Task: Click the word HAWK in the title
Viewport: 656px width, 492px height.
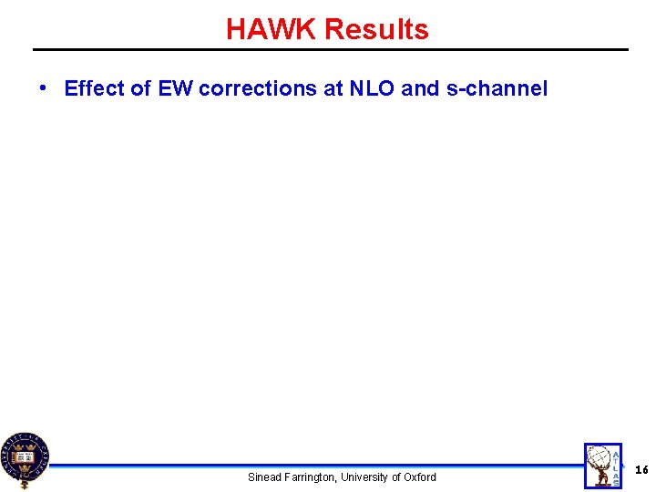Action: [x=272, y=30]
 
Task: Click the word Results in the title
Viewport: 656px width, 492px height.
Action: [x=376, y=30]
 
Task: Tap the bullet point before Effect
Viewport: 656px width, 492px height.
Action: [x=43, y=87]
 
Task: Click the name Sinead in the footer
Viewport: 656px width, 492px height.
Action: [x=265, y=477]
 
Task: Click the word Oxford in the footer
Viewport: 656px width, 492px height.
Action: [x=420, y=477]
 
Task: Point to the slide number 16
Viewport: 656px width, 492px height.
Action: [x=641, y=470]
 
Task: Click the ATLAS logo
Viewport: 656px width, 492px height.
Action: [x=602, y=465]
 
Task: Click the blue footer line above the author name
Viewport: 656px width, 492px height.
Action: [x=319, y=466]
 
